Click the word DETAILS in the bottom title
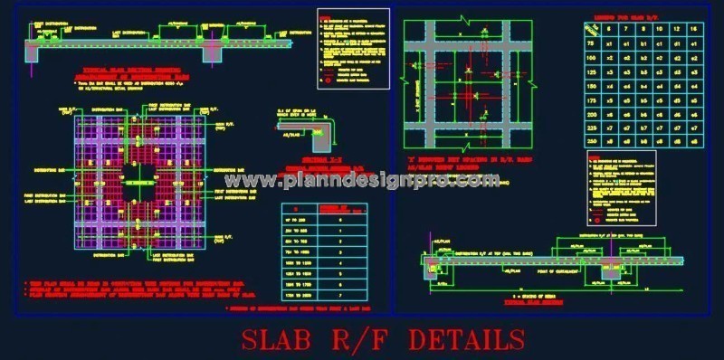tap(466, 339)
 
